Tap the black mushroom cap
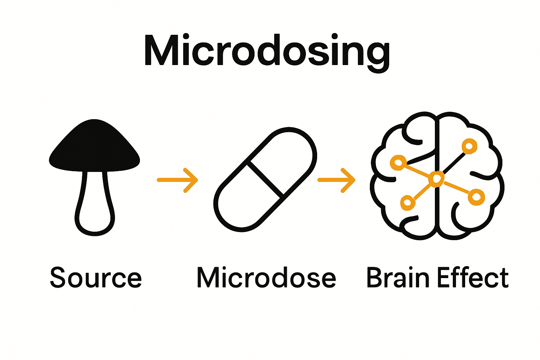pos(94,148)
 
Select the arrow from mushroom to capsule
pos(178,180)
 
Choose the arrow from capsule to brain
pos(337,180)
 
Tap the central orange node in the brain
pos(436,179)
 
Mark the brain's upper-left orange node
pos(398,162)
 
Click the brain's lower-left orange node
pos(407,202)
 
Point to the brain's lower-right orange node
pos(476,197)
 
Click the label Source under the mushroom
pos(96,278)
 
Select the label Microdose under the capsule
pos(266,278)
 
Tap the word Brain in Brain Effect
pos(398,278)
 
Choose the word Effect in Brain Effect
pos(473,278)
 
